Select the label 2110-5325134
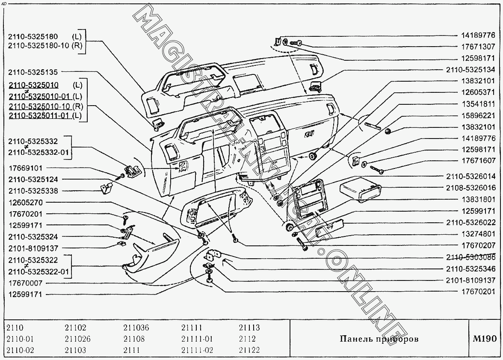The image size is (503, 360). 470,69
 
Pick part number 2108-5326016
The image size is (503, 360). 470,188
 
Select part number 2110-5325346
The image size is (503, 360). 470,269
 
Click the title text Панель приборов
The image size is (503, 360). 379,339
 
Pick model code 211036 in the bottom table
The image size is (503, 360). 136,328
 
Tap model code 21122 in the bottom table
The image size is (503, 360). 249,350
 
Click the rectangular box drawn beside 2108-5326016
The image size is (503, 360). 359,191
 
